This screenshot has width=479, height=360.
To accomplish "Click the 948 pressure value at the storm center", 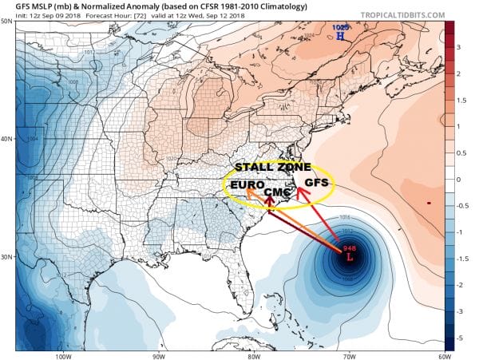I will [x=348, y=248].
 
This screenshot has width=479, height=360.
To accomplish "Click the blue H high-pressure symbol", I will [x=341, y=37].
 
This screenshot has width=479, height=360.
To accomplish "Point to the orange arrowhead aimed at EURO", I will [x=249, y=192].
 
